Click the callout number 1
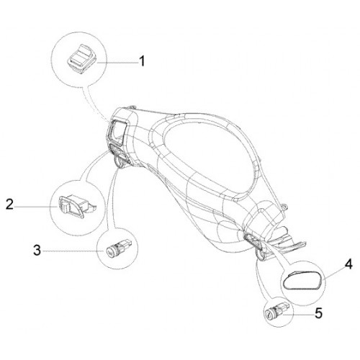coord(143,61)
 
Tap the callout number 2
coord(10,204)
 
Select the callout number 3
coord(37,251)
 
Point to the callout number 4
coord(348,265)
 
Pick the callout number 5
coord(318,313)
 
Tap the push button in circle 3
coord(118,248)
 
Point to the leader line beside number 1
coord(118,63)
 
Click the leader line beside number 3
coord(73,251)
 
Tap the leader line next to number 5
coord(299,314)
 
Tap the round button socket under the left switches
coord(120,161)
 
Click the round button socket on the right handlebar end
coord(261,255)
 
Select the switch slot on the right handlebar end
coord(253,240)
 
